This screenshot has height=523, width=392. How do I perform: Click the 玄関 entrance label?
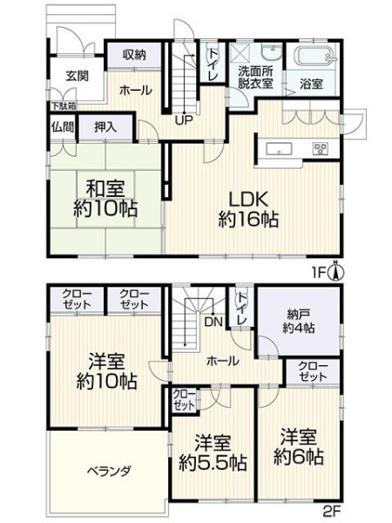tap(77, 76)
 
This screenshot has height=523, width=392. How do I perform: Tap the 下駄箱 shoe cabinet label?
tap(64, 106)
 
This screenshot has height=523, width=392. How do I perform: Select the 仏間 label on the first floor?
tap(63, 126)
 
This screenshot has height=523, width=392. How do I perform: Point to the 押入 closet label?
tap(105, 126)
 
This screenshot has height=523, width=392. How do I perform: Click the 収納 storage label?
tap(134, 54)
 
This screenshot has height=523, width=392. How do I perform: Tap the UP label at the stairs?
tap(185, 120)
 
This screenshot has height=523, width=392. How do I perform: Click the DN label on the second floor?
tap(213, 322)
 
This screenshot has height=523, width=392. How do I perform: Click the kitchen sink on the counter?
tap(279, 149)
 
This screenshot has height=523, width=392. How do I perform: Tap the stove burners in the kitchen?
tap(321, 148)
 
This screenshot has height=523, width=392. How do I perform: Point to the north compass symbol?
tap(336, 272)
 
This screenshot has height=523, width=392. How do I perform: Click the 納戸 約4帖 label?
tap(298, 321)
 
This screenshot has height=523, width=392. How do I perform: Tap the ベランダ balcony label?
tap(109, 472)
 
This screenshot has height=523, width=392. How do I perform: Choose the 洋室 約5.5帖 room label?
tap(213, 452)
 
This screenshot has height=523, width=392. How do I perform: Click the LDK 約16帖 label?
tap(248, 209)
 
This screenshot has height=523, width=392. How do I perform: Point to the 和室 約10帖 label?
tap(105, 199)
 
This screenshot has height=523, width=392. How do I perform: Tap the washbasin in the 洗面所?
tap(272, 52)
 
